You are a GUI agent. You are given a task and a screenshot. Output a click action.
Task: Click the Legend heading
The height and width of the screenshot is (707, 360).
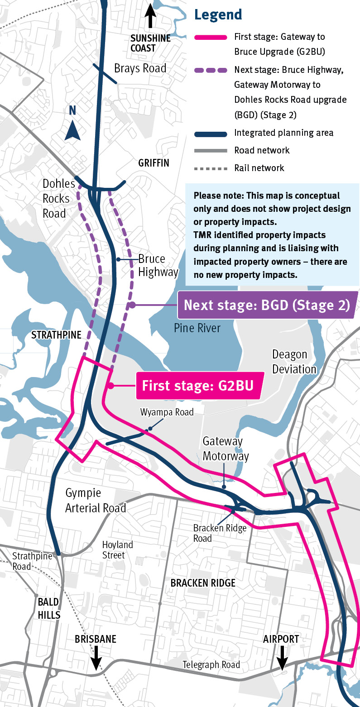pos(218,14)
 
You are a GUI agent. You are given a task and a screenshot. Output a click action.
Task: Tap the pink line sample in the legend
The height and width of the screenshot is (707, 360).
pos(211,37)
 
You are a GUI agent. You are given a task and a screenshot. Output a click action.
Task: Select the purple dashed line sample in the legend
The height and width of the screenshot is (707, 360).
pos(211,70)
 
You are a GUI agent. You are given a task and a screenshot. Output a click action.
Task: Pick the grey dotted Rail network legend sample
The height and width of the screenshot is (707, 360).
pos(211,168)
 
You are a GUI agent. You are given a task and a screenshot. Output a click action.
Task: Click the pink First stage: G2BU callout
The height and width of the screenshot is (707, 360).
pos(197,386)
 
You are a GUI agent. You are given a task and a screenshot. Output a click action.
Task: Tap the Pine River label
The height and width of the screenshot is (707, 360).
pos(197,328)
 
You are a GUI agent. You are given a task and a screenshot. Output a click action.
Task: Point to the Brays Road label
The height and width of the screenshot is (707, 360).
pos(140,68)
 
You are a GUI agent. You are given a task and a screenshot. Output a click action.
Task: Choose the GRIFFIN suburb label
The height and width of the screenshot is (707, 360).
pos(154,163)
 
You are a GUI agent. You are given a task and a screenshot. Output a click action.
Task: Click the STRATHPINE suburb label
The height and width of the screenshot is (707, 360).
pos(56,335)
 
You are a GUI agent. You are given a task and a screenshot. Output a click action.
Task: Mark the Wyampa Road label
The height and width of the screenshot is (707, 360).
pos(167,412)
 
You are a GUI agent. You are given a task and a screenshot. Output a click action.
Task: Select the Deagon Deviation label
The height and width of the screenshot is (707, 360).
pos(294,362)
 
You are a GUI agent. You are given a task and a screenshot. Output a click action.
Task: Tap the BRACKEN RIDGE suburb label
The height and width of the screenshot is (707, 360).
pos(203,583)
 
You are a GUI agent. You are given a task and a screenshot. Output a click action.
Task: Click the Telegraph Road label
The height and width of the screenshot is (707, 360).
pos(211,665)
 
